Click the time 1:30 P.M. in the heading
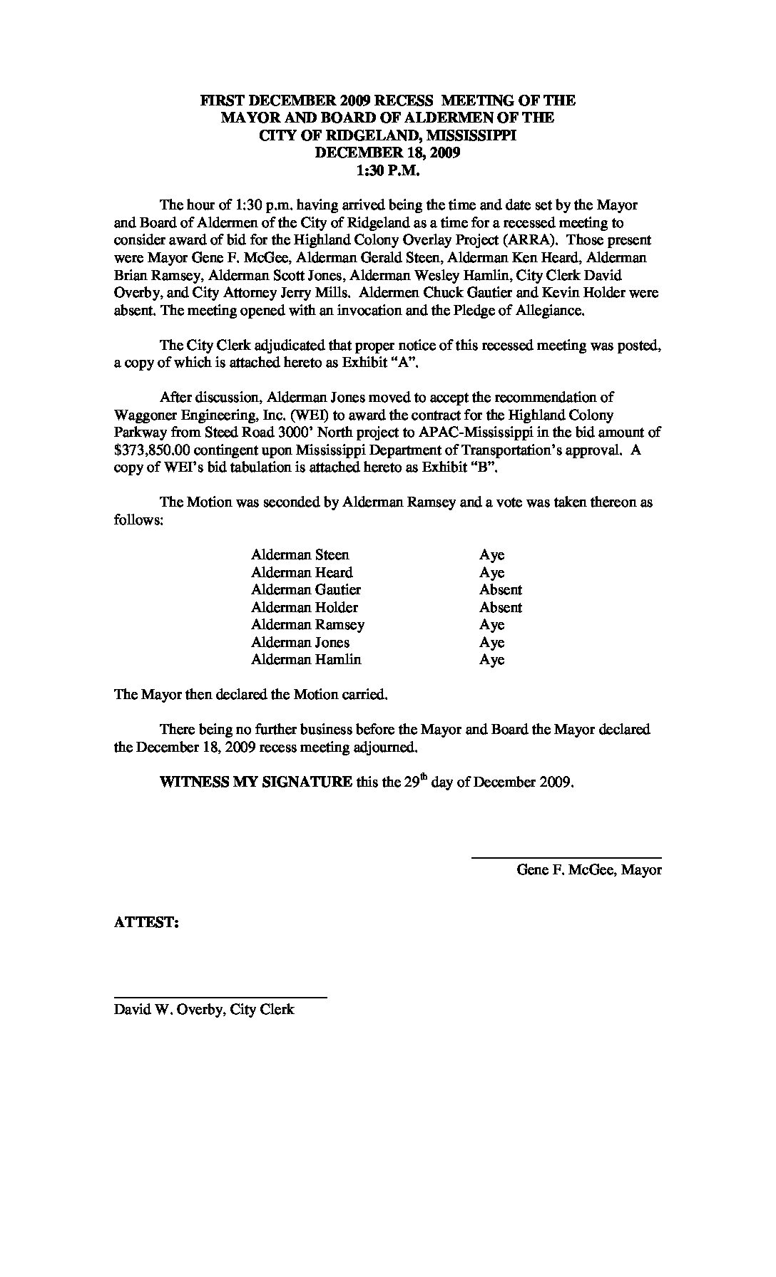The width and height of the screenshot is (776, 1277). click(x=388, y=170)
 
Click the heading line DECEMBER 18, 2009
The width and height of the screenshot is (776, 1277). click(x=388, y=152)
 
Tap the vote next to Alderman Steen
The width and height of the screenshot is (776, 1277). click(x=491, y=555)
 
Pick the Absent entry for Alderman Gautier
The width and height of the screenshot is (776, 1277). click(x=500, y=590)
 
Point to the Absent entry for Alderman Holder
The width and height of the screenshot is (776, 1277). click(x=500, y=608)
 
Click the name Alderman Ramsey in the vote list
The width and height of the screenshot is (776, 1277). click(x=307, y=625)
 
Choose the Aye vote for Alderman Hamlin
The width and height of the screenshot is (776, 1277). click(x=491, y=660)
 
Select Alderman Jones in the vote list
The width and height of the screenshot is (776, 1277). click(x=300, y=643)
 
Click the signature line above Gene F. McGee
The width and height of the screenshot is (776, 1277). click(x=566, y=857)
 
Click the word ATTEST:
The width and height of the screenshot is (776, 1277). click(x=146, y=922)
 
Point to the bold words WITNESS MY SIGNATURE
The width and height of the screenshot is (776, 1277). click(x=255, y=782)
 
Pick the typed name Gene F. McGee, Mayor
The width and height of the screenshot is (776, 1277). click(x=589, y=870)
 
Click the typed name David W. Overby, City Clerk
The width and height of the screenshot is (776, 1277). click(x=204, y=1010)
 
